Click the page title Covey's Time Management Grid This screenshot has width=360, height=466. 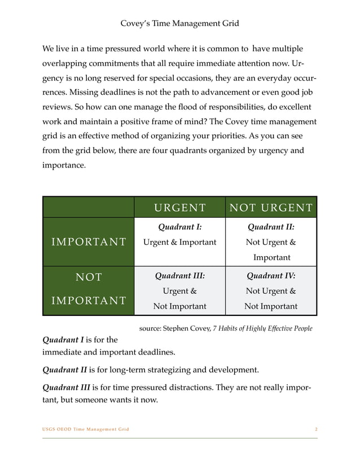(180, 23)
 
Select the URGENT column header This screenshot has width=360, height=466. (179, 207)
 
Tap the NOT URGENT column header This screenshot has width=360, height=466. (271, 207)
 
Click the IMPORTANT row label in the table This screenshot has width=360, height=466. (88, 242)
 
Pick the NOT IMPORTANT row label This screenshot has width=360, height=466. (88, 288)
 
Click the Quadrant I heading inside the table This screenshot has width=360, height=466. (179, 228)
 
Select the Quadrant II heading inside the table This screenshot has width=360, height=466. (271, 228)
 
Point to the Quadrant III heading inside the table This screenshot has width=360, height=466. (179, 276)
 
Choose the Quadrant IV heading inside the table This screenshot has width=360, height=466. (271, 276)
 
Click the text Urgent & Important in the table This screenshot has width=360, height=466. (179, 243)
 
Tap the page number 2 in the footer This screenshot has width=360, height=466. (315, 429)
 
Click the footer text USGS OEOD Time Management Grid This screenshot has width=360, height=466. (86, 429)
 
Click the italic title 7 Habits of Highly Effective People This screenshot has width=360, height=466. (262, 328)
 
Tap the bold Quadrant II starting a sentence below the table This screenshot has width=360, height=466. (65, 370)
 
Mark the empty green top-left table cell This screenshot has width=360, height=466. (88, 207)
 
